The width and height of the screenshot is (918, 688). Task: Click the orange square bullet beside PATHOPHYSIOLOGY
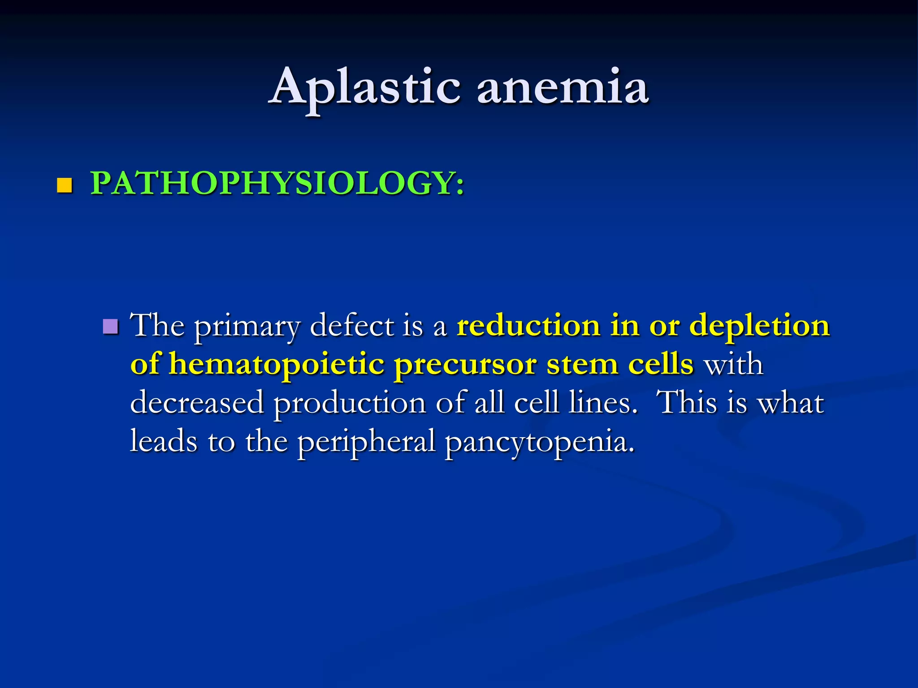point(65,185)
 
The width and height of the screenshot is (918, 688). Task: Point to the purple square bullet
point(110,327)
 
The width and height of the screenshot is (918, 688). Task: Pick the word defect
point(352,326)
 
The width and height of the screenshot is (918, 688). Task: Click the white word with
point(733,364)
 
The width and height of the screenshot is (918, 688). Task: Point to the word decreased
point(197,403)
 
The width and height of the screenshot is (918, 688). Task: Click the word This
point(686,403)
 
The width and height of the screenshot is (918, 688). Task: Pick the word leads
point(163,441)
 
